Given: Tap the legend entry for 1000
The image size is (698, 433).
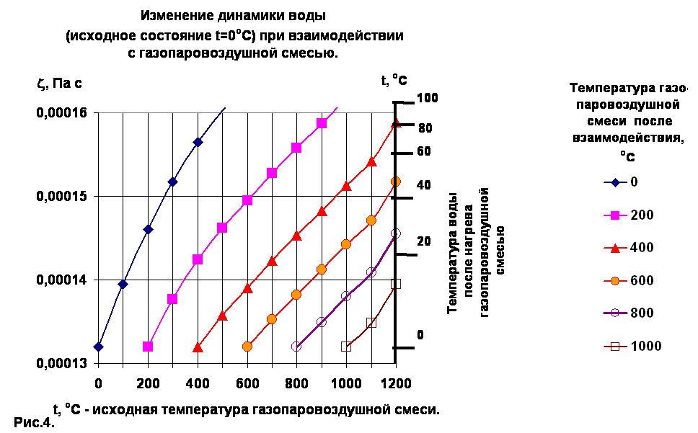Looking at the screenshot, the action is pyautogui.click(x=632, y=346).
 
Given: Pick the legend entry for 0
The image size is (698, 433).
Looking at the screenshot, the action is pyautogui.click(x=621, y=182).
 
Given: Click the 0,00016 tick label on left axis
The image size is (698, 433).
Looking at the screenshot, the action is pyautogui.click(x=61, y=112).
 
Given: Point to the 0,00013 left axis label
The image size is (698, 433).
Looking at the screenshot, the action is pyautogui.click(x=61, y=363).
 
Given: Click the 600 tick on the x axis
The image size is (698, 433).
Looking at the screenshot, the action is pyautogui.click(x=247, y=383).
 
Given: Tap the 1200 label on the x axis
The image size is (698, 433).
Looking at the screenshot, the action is pyautogui.click(x=396, y=383).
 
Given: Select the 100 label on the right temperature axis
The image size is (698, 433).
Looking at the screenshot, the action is pyautogui.click(x=428, y=97).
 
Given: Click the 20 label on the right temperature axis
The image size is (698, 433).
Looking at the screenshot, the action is pyautogui.click(x=424, y=241).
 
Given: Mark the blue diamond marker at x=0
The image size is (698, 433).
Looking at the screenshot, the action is pyautogui.click(x=98, y=347).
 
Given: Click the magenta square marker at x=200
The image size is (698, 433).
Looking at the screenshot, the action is pyautogui.click(x=148, y=347).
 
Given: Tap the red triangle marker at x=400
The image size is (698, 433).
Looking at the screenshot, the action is pyautogui.click(x=198, y=347).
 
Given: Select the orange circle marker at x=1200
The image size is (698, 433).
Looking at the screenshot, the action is pyautogui.click(x=396, y=182).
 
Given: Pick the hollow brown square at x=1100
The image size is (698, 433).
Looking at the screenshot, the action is pyautogui.click(x=371, y=323).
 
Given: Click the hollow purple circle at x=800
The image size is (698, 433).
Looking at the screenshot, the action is pyautogui.click(x=296, y=347).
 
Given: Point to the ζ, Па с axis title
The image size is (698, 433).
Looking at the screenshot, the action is pyautogui.click(x=59, y=84).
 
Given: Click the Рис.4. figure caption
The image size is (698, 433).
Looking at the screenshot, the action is pyautogui.click(x=34, y=422).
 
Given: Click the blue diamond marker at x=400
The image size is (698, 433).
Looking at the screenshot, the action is pyautogui.click(x=198, y=142).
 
